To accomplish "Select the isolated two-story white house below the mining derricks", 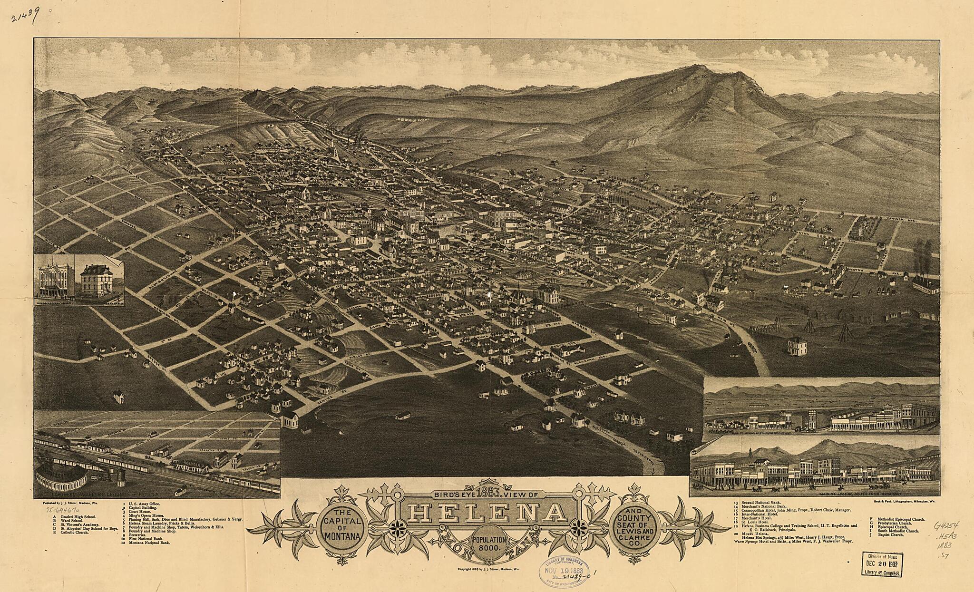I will tap(798, 346).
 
